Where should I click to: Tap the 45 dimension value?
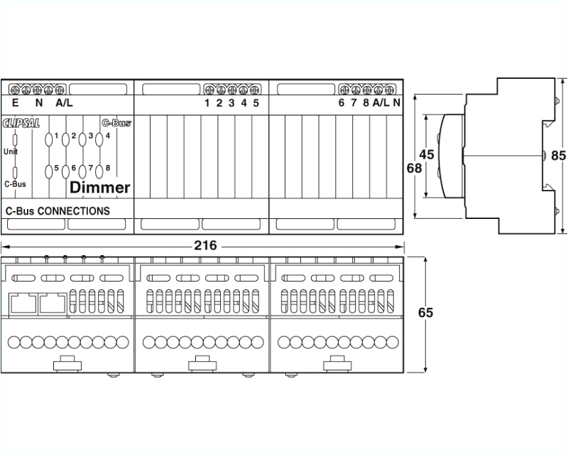coord(427,154)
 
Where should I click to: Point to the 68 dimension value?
coord(414,169)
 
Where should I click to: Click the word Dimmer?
coord(100,188)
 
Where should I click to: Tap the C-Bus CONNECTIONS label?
coord(58,210)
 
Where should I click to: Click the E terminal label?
coord(16,103)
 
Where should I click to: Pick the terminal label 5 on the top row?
coord(256,103)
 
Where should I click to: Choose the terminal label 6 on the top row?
coord(342,103)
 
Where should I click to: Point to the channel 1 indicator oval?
coord(48,139)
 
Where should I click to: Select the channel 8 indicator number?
coord(108,168)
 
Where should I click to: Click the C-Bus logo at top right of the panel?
coord(116,122)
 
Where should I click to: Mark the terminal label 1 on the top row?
coord(207,103)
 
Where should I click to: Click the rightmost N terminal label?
coord(396,103)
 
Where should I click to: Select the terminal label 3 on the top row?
coord(231,103)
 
